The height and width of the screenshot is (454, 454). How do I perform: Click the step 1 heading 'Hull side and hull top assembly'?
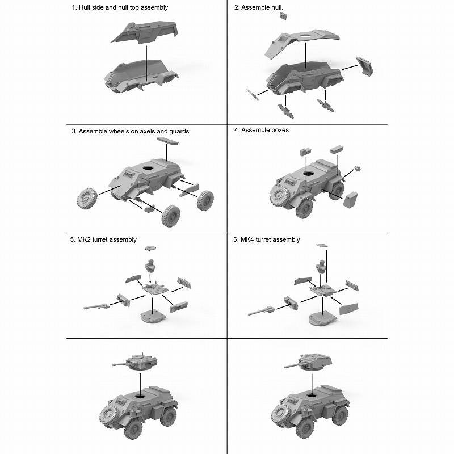tap(123, 7)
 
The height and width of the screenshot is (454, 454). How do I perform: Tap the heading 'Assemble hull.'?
tap(262, 7)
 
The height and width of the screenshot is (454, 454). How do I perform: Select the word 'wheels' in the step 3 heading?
tap(117, 131)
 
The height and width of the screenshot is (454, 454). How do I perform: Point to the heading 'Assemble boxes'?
tap(265, 130)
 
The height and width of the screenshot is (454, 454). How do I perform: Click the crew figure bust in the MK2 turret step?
tap(150, 266)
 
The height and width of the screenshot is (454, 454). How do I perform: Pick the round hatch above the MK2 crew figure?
tap(150, 248)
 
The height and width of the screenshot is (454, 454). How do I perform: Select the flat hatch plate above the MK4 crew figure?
tap(322, 246)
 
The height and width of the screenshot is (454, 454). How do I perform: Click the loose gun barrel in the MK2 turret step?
tap(96, 306)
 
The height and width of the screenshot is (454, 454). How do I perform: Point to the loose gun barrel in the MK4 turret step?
tap(261, 310)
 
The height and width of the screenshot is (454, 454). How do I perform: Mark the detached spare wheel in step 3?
tap(87, 198)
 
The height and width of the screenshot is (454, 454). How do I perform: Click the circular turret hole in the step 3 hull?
tap(148, 168)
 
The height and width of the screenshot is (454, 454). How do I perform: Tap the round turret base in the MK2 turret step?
tap(153, 316)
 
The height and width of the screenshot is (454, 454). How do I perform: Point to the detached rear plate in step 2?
tap(365, 66)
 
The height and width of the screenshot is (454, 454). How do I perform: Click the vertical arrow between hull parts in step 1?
tap(146, 63)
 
